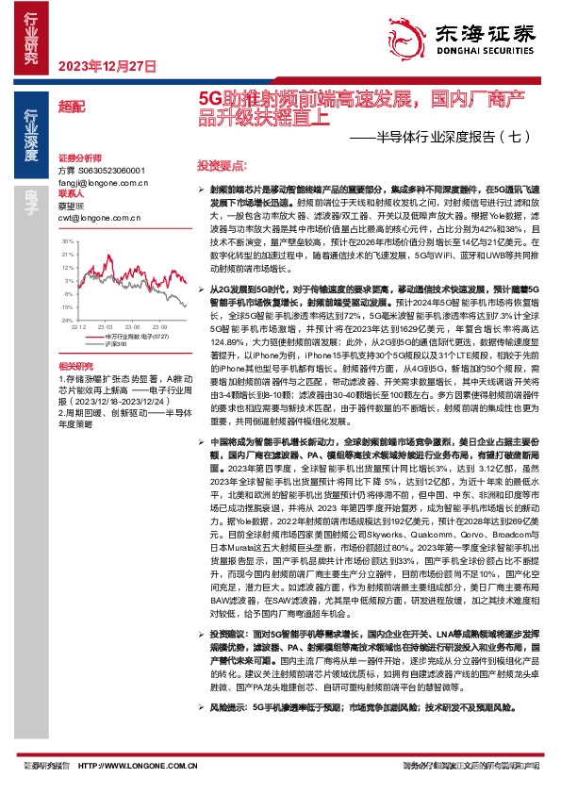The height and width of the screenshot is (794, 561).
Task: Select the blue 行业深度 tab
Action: tap(31, 136)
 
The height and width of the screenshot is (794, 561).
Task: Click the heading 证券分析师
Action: tap(79, 157)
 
